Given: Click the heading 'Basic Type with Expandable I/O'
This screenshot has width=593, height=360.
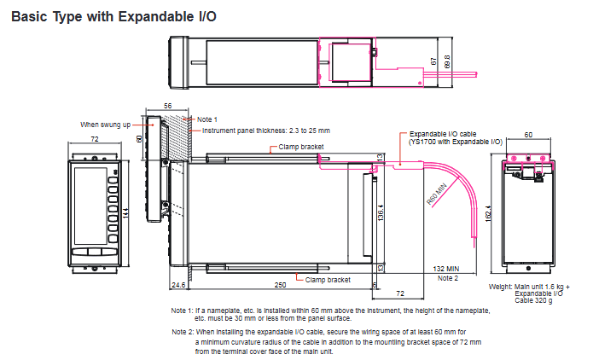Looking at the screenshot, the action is (x=113, y=17).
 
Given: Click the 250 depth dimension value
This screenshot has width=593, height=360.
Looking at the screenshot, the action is (x=280, y=285).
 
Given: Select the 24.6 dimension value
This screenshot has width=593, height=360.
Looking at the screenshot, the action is (x=178, y=285).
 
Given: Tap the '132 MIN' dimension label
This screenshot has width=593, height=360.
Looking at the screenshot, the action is (x=446, y=269).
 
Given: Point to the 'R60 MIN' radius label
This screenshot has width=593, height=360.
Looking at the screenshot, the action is (x=437, y=195).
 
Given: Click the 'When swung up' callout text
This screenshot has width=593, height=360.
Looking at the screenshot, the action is (x=106, y=125).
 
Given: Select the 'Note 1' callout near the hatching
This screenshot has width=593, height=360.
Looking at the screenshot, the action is (x=207, y=119).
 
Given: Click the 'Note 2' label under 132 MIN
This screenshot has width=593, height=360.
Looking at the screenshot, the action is (x=448, y=278).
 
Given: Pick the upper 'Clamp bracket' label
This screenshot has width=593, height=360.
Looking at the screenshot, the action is (x=301, y=147).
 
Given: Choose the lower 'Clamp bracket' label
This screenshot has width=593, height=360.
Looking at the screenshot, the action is (x=328, y=280).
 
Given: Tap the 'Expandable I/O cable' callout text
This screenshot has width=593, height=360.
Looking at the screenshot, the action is (x=443, y=134).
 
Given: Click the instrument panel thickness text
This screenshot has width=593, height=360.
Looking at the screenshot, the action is (x=266, y=131).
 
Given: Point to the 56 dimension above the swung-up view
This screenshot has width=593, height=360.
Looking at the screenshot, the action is (x=167, y=106).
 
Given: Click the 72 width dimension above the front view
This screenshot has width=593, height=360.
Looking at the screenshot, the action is (x=95, y=139).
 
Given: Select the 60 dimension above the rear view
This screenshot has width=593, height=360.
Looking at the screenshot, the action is (x=528, y=135).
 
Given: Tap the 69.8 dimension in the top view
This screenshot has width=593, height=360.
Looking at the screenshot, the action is (x=448, y=61).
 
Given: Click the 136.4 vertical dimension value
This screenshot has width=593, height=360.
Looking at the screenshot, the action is (x=381, y=212).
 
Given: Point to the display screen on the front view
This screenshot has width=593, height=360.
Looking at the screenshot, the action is (x=90, y=206).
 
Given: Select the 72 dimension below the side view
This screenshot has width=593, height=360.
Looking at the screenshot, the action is (x=400, y=293).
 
